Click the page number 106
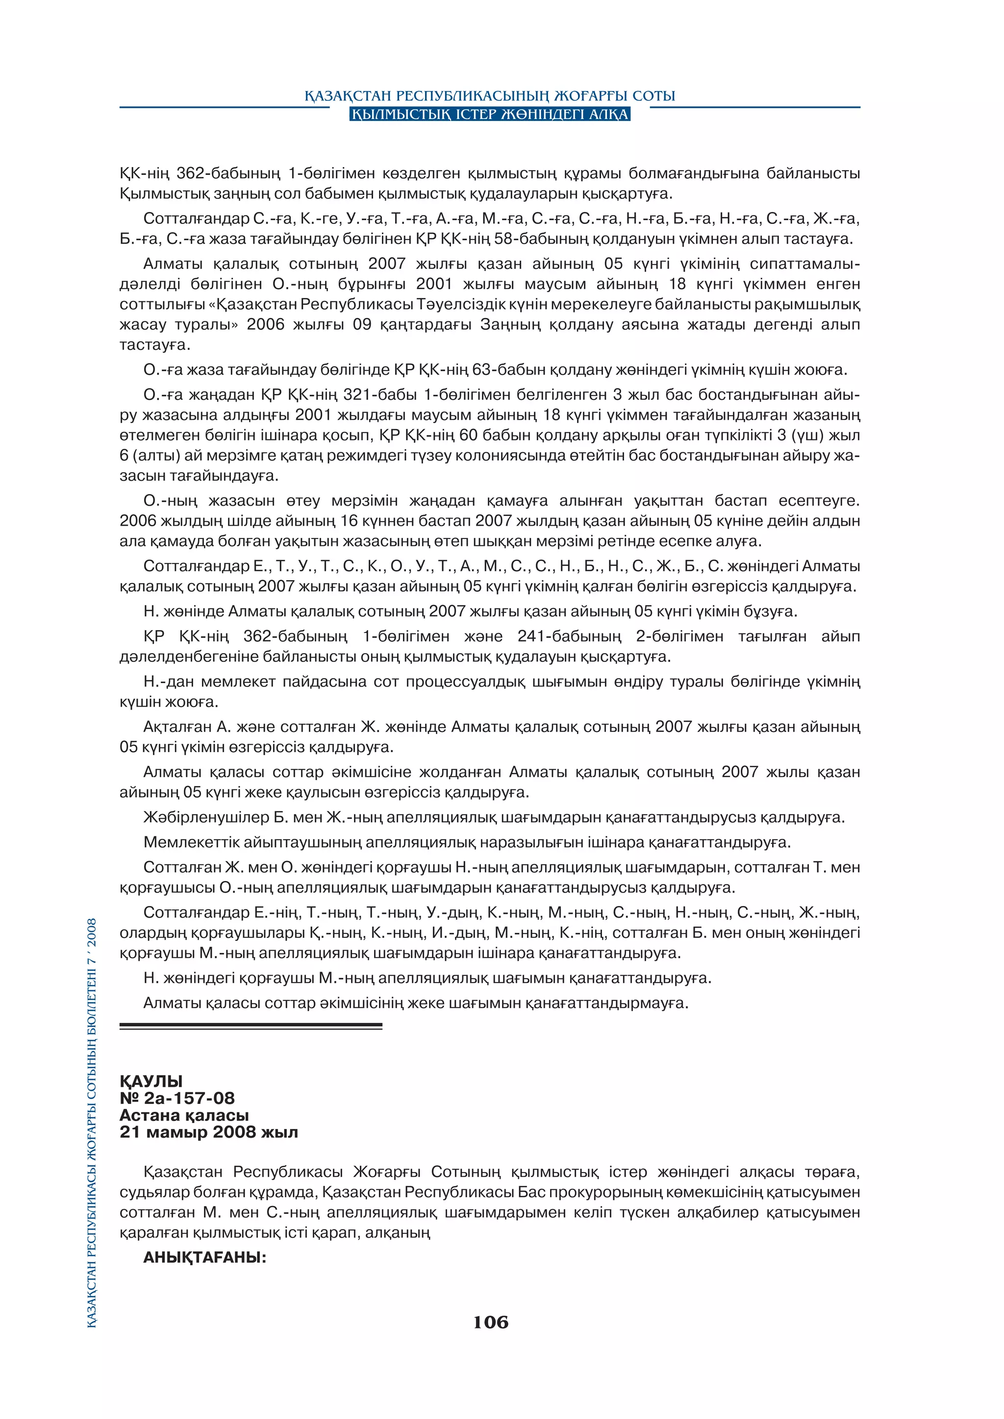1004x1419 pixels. coord(490,1322)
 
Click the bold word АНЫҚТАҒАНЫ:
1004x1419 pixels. coord(204,1258)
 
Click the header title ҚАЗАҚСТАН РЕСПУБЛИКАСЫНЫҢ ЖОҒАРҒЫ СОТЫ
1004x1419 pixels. coord(490,96)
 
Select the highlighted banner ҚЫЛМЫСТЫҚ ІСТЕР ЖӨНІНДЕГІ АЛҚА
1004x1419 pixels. coord(490,114)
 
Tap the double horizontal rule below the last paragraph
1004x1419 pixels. coord(251,1026)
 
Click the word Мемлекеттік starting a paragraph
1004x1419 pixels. coord(190,842)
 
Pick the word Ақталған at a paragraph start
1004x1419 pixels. coord(177,727)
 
